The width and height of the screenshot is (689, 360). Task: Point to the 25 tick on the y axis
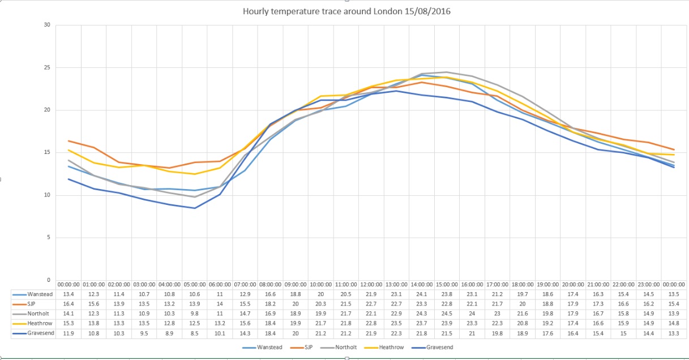[x=47, y=68]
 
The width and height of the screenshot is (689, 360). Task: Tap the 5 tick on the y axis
[x=48, y=238]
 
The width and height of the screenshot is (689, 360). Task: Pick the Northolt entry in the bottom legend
[x=348, y=348]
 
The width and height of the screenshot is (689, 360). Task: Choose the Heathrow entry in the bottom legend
[x=391, y=348]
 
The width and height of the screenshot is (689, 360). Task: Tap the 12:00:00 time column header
[x=371, y=284]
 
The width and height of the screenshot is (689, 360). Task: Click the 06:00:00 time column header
[x=220, y=284]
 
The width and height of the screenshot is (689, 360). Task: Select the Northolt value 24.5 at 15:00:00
[x=447, y=314]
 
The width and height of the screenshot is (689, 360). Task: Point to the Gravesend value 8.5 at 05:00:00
[x=195, y=333]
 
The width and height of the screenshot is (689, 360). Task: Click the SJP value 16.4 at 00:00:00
[x=69, y=304]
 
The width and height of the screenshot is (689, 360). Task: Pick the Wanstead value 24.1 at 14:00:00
[x=422, y=294]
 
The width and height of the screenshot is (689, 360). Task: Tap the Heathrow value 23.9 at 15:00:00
[x=447, y=323]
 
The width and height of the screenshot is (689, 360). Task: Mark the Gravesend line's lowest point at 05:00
[x=195, y=208]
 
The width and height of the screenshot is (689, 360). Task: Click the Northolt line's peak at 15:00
[x=447, y=72]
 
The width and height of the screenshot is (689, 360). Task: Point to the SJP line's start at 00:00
[x=69, y=141]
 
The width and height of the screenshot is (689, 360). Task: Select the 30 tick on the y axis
[x=47, y=25]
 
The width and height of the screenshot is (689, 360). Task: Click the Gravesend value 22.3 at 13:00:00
[x=397, y=333]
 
